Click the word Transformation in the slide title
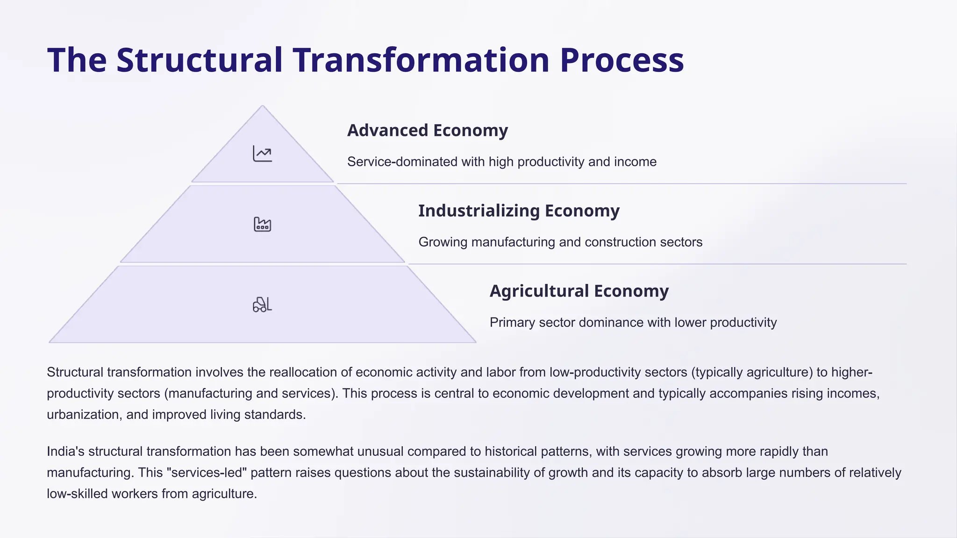[x=421, y=61]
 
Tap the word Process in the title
[x=621, y=61]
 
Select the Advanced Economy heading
[x=427, y=130]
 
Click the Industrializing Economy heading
[x=519, y=211]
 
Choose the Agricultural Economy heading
[x=579, y=291]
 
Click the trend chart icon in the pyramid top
[x=262, y=154]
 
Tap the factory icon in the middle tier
[x=262, y=224]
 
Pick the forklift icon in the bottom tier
[x=262, y=304]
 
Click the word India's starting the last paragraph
[x=65, y=452]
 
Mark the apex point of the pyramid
[x=262, y=106]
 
